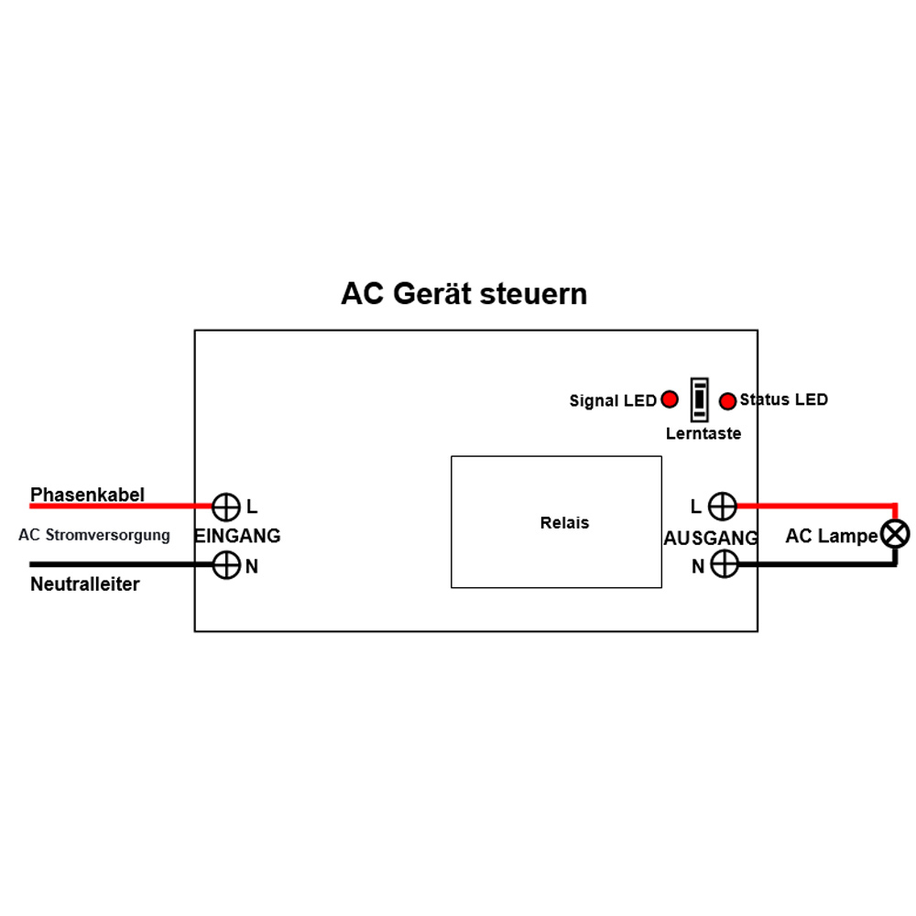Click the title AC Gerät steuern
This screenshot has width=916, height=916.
(463, 294)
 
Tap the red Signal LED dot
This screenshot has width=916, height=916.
(670, 399)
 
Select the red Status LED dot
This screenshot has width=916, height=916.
(728, 400)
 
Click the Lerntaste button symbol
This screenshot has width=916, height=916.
(700, 399)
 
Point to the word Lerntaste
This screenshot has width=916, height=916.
(703, 433)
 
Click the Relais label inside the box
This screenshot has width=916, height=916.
(564, 523)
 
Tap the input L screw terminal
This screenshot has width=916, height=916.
(225, 506)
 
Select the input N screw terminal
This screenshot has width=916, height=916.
(225, 565)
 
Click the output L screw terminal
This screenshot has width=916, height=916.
(723, 506)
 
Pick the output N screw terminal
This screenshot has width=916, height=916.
(724, 565)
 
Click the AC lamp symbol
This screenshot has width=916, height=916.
(895, 534)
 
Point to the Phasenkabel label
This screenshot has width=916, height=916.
(87, 495)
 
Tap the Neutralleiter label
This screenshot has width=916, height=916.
(85, 583)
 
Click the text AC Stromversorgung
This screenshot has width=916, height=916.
(94, 535)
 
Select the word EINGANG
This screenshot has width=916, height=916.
(238, 536)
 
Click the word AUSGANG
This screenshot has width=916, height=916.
(711, 538)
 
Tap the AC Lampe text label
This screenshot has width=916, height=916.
(832, 536)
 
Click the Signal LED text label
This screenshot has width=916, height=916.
(613, 401)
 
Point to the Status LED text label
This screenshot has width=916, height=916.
(784, 399)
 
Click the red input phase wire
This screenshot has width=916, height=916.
(119, 506)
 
